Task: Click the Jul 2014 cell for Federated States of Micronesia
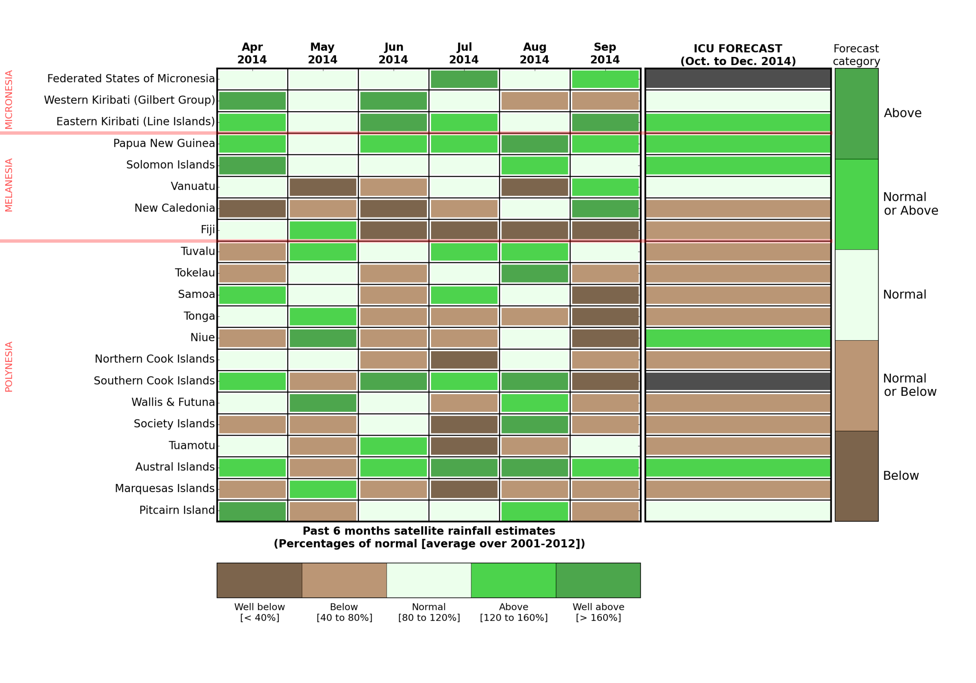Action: (x=464, y=79)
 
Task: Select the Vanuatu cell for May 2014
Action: (x=323, y=187)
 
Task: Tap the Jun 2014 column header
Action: (x=393, y=53)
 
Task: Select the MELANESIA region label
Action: (x=9, y=185)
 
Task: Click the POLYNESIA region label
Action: (x=9, y=367)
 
